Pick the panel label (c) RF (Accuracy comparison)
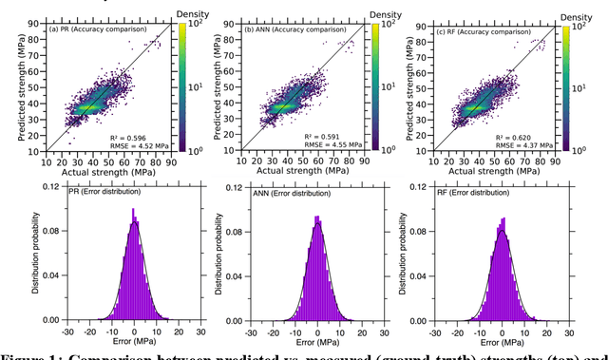click(x=490, y=29)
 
